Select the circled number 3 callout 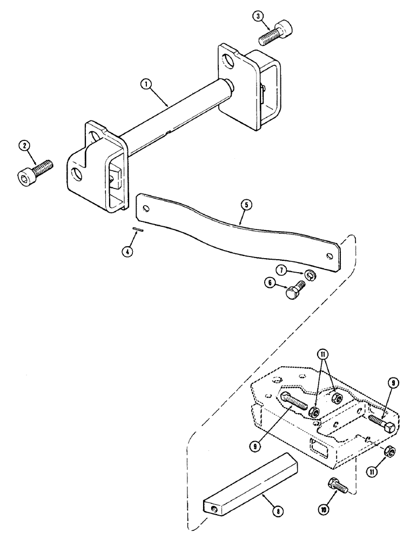coord(261,16)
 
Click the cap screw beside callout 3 coord(275,33)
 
